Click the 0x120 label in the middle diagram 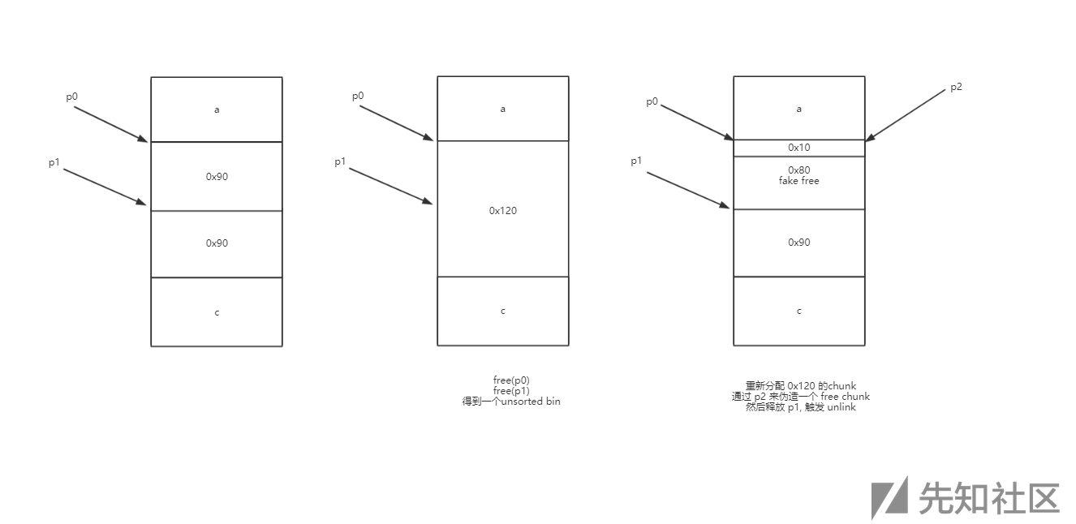[x=502, y=211]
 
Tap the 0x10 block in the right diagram [x=798, y=148]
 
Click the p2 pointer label [x=956, y=87]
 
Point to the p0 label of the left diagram [x=72, y=97]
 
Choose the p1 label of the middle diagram [x=341, y=162]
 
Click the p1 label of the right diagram [x=637, y=161]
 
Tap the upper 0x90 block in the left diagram [x=217, y=176]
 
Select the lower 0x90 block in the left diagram [x=217, y=243]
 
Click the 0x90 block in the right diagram [x=798, y=243]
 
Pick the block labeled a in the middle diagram [x=502, y=109]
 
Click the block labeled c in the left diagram [x=217, y=312]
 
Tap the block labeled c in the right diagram [x=798, y=311]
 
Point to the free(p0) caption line [x=511, y=380]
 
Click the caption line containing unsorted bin [x=511, y=402]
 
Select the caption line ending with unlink [x=800, y=407]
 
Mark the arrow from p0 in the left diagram [x=110, y=124]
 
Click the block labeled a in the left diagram [x=217, y=110]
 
